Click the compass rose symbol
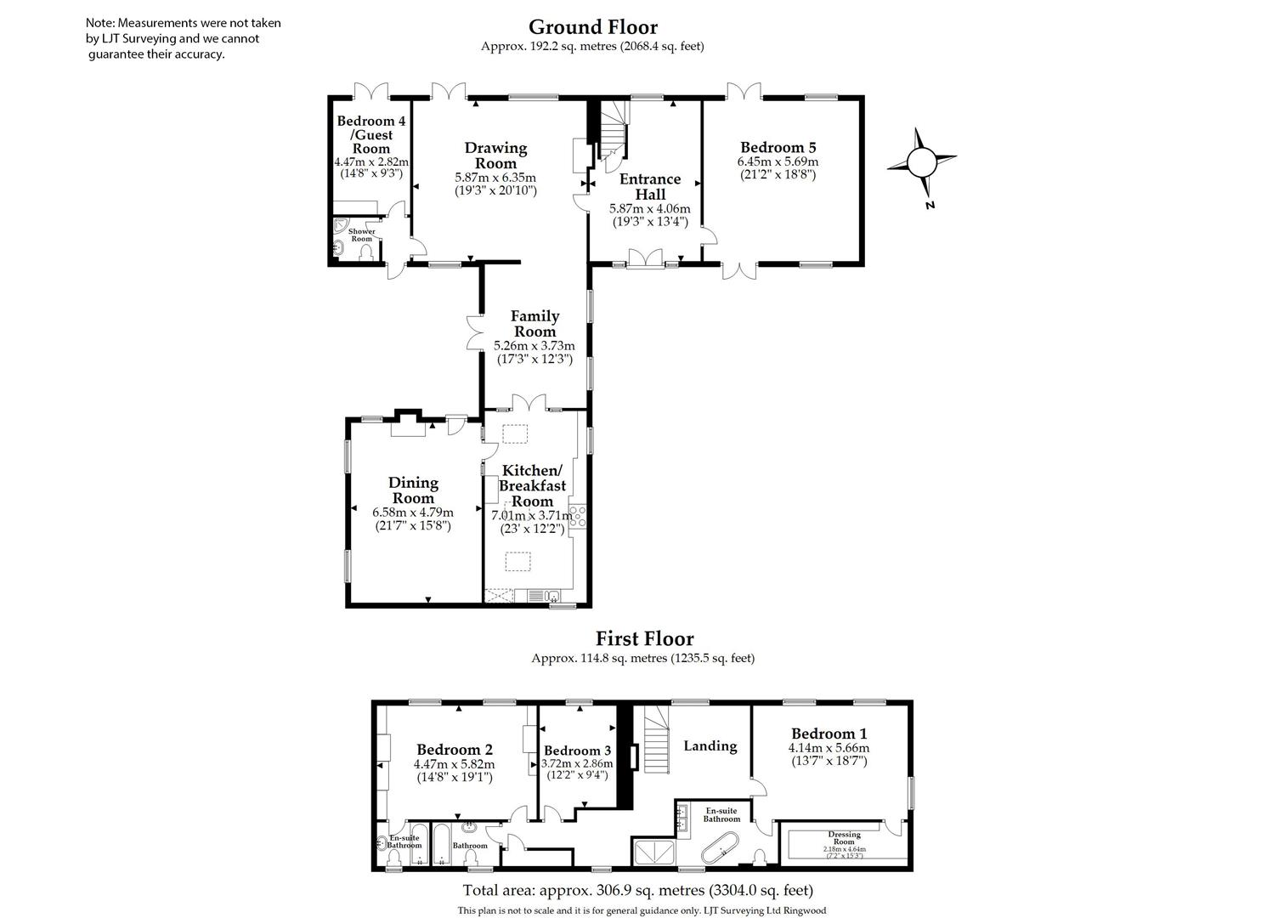(x=921, y=162)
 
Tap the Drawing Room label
(x=495, y=156)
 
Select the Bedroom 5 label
(x=778, y=146)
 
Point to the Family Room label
(x=535, y=324)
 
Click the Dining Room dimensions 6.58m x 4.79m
(x=413, y=513)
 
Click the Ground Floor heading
(x=592, y=27)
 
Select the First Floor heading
(x=644, y=638)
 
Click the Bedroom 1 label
(x=829, y=734)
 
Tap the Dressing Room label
(x=845, y=835)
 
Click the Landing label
(x=710, y=746)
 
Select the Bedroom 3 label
(x=577, y=751)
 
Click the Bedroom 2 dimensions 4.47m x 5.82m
(x=454, y=763)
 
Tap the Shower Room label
(x=362, y=235)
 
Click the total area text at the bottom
(x=637, y=891)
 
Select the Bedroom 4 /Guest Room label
(x=371, y=134)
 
